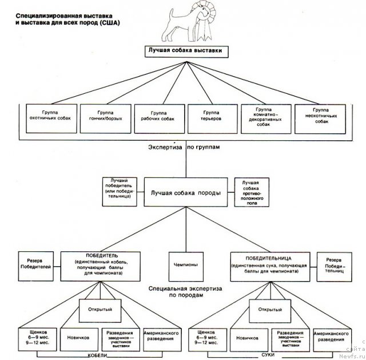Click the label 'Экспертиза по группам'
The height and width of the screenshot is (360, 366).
click(183, 147)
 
